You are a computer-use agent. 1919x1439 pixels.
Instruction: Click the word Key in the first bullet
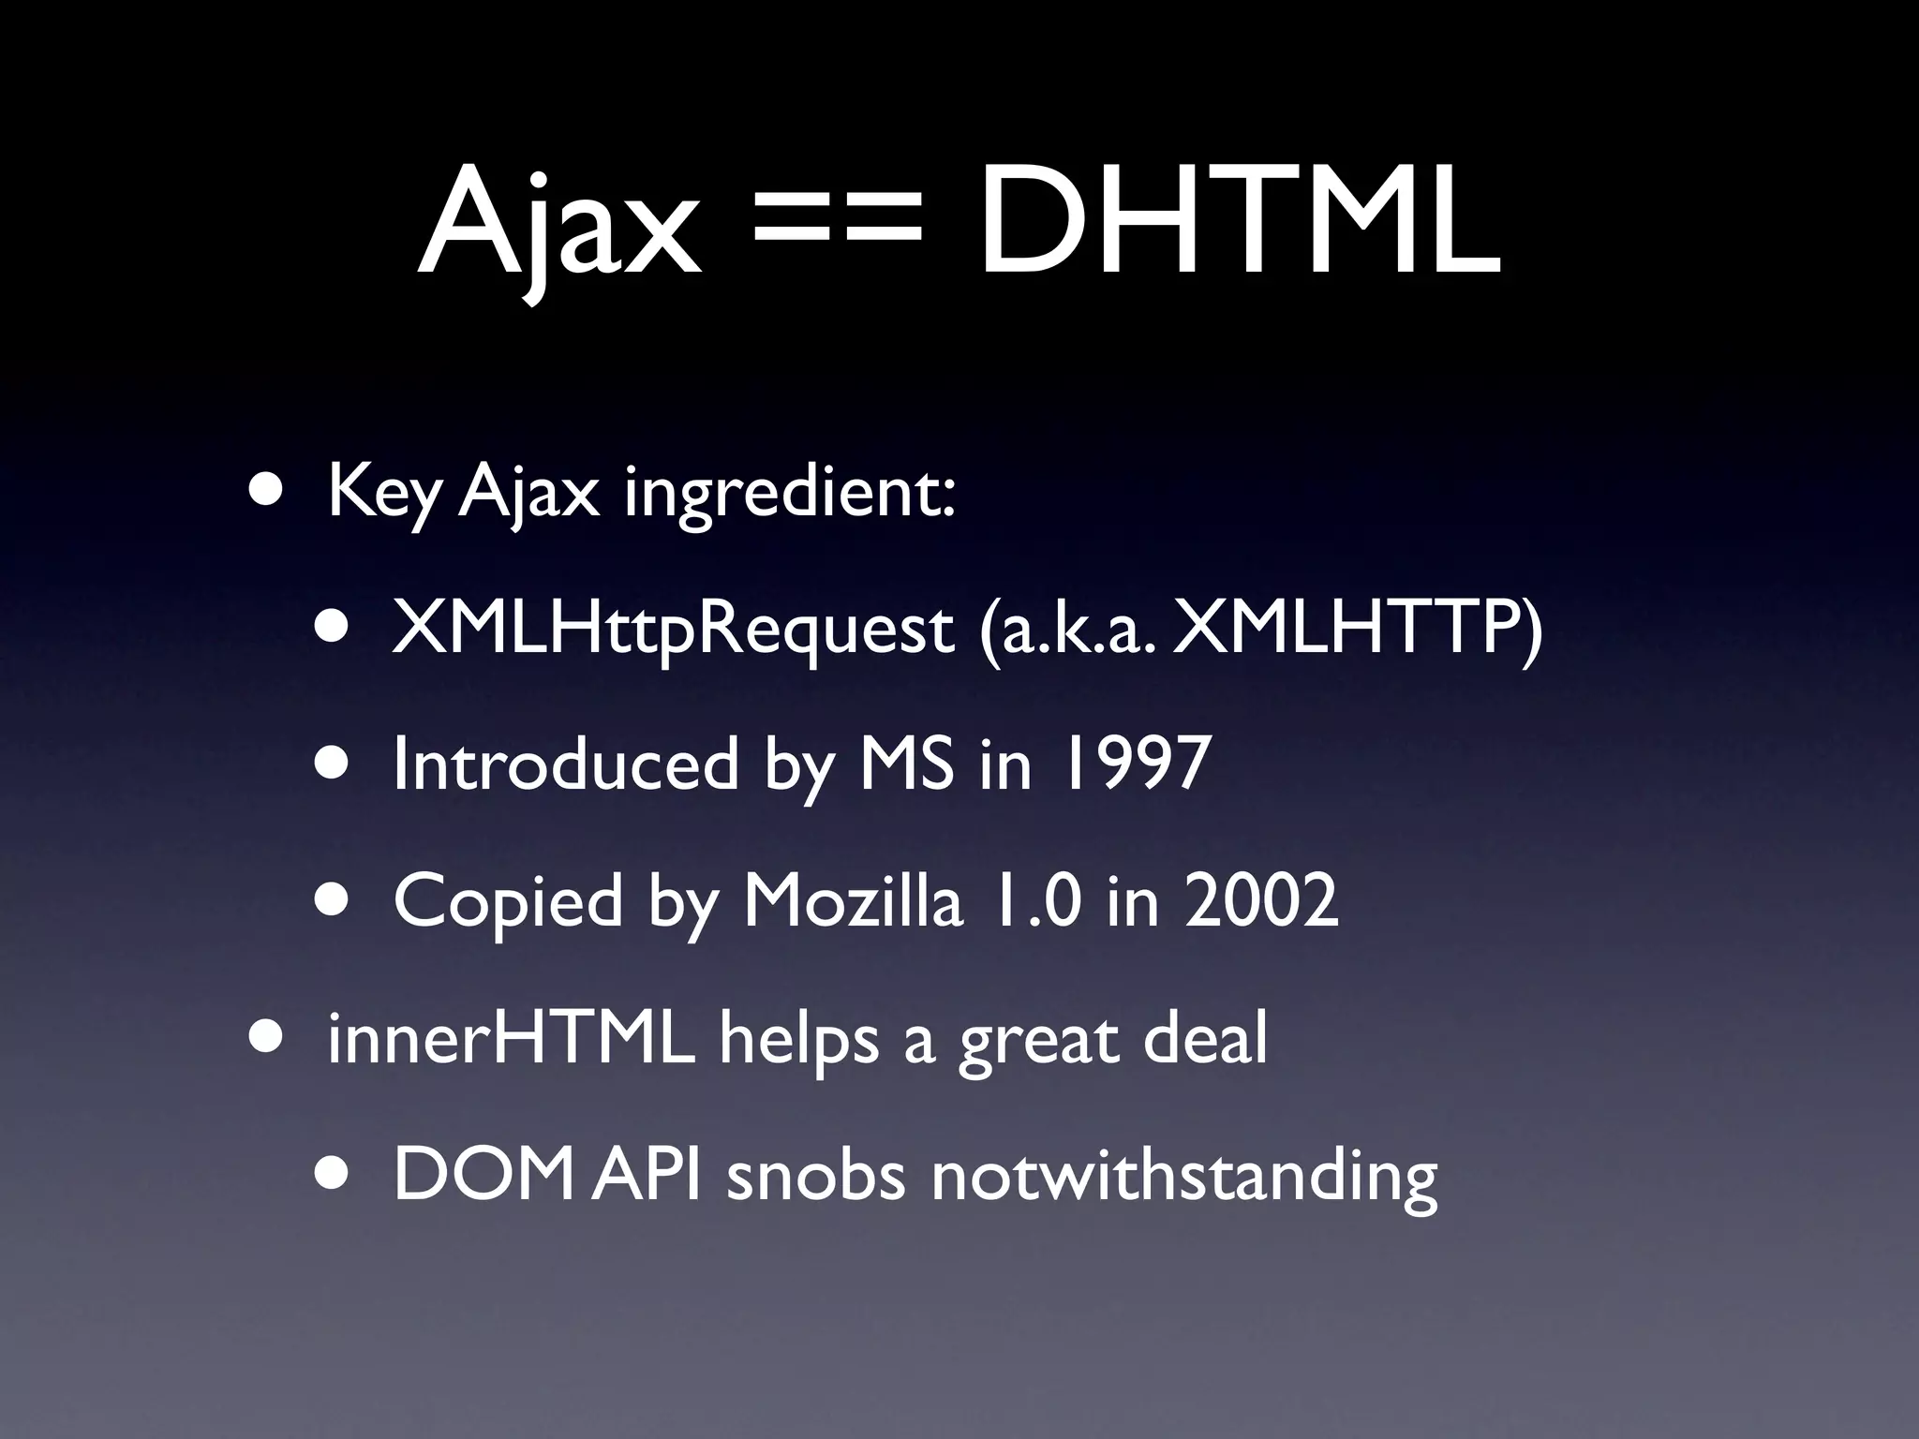(382, 494)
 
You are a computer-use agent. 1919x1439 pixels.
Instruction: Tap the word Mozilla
(853, 900)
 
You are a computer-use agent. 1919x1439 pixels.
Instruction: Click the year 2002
(1261, 900)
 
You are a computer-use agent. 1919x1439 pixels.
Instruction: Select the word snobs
(816, 1175)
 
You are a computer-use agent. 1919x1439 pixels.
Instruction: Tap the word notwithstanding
(1183, 1175)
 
